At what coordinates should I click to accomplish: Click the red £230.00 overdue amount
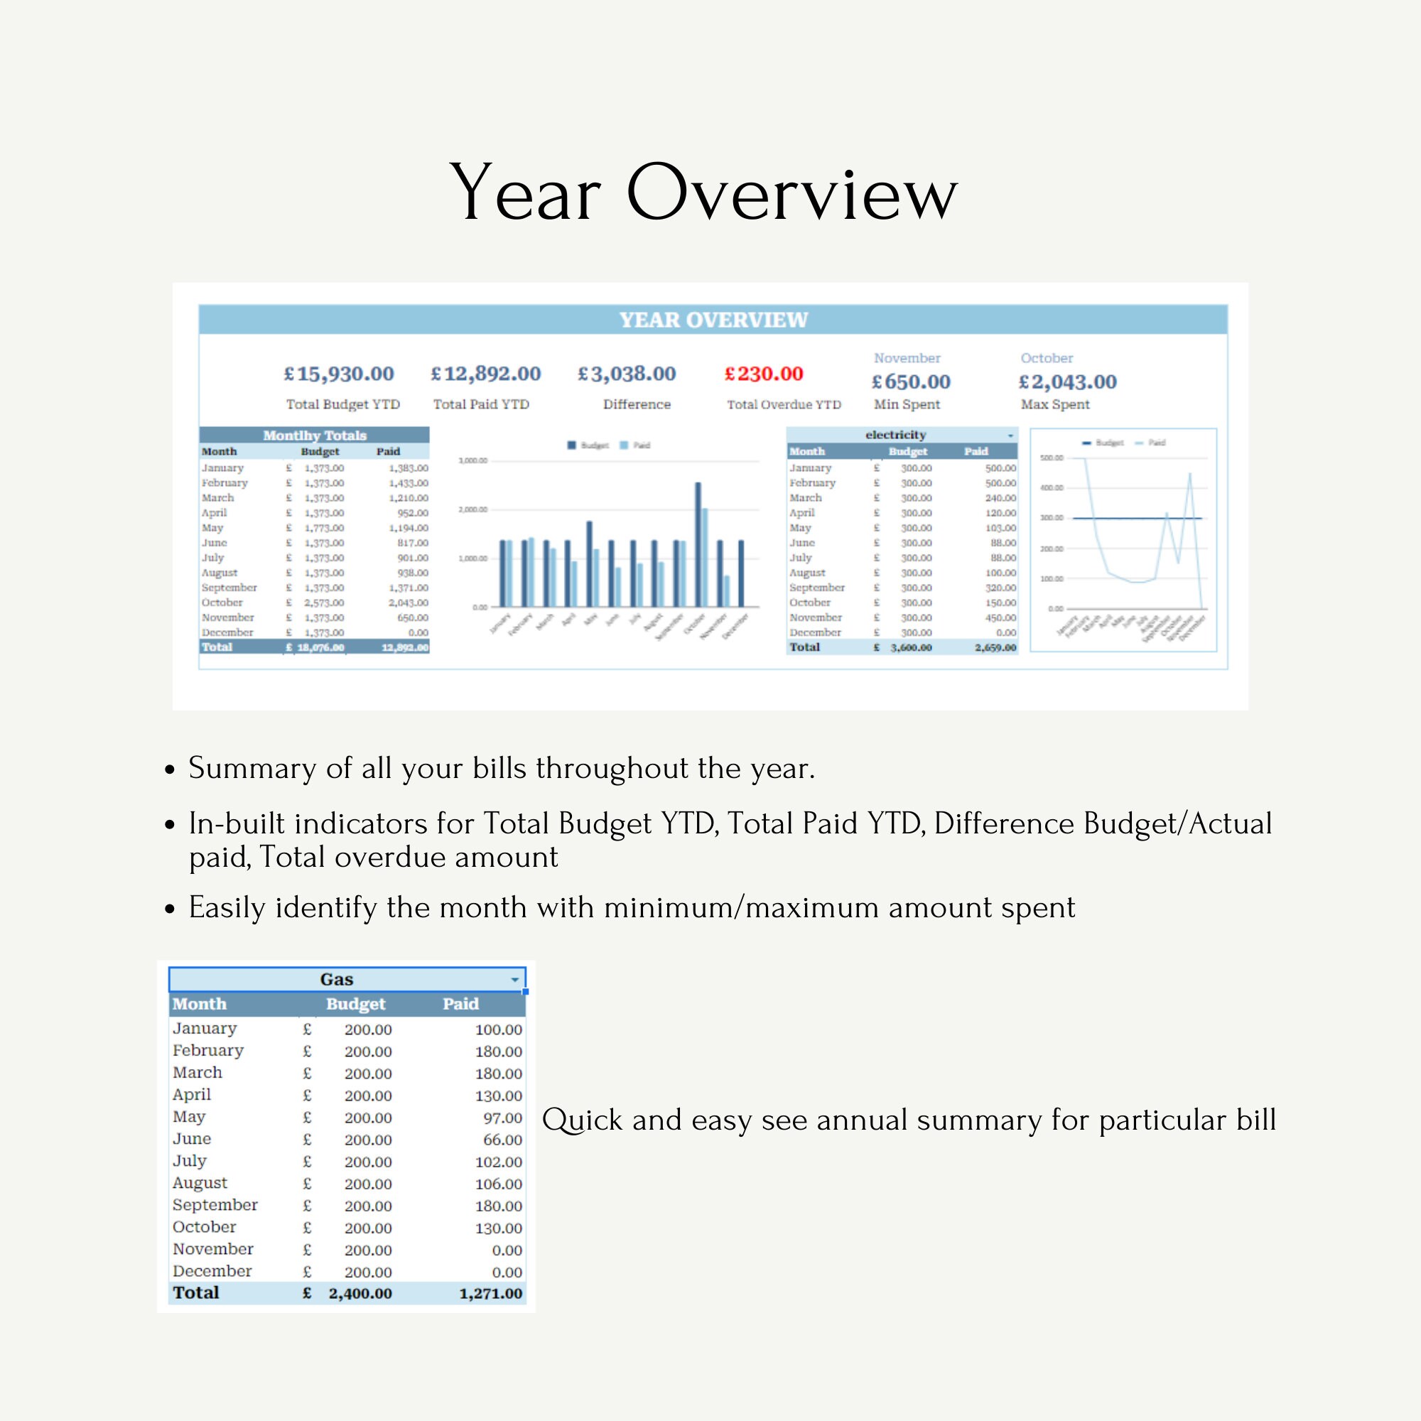point(764,374)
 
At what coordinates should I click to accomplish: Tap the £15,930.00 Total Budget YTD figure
point(339,374)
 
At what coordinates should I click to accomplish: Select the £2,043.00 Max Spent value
point(1067,382)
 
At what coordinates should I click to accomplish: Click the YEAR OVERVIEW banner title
point(713,320)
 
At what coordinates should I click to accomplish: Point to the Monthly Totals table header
point(314,436)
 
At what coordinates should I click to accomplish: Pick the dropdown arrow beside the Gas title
point(515,980)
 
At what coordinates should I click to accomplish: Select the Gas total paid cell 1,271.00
point(490,1294)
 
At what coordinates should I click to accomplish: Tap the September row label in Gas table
point(215,1205)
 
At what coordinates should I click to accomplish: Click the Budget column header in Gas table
point(355,1004)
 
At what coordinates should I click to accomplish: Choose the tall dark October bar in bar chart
point(698,544)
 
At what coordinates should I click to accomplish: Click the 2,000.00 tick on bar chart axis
point(472,509)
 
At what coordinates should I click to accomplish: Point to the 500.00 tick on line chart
point(1051,458)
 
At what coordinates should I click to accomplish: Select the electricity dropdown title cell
point(895,435)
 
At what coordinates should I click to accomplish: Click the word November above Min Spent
point(907,358)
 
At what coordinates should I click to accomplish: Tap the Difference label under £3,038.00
point(636,404)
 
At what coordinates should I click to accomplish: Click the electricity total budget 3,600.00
point(911,648)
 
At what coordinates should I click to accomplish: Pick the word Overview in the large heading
point(791,193)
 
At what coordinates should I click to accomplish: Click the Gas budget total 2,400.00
point(360,1294)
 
